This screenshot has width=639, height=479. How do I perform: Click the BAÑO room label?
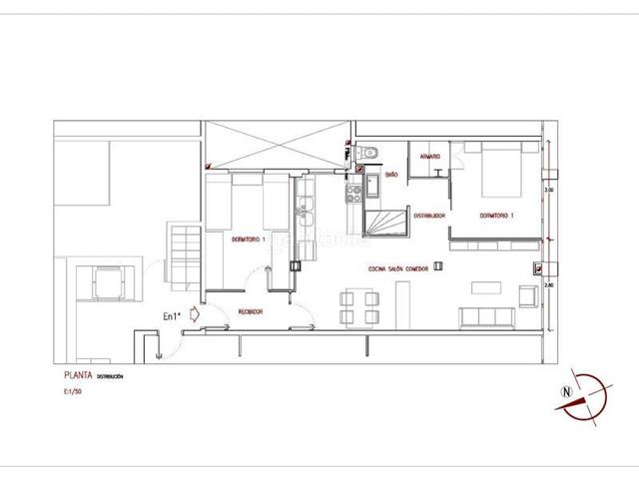392,173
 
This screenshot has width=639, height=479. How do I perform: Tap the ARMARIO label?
431,158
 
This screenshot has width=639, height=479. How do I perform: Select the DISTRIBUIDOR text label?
429,215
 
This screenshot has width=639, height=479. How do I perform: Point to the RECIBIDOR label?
250,312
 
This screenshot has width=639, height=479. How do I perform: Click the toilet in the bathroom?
368,153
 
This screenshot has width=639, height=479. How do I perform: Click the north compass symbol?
579,393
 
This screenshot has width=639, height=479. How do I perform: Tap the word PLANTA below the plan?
77,378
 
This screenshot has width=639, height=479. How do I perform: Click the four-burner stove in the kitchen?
352,194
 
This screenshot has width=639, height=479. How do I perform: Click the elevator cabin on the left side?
107,281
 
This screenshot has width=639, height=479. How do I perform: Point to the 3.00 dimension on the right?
547,189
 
